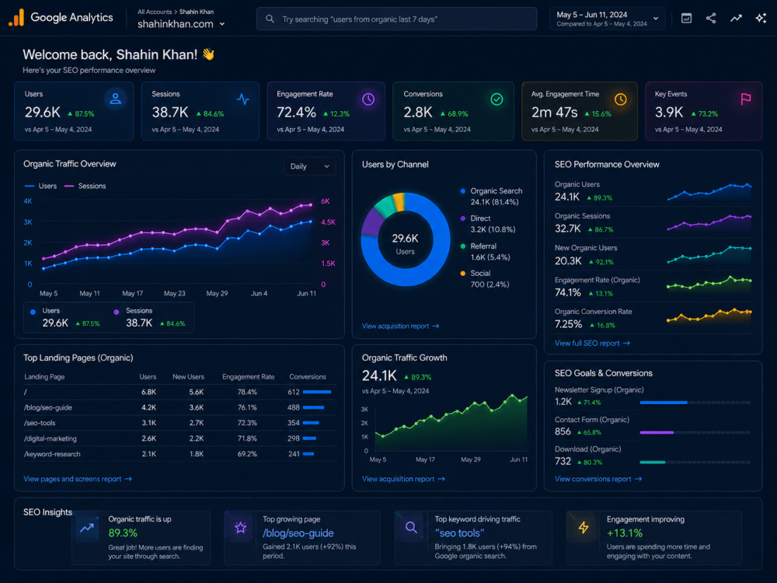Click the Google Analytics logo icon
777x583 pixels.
[16, 17]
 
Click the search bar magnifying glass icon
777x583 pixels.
[270, 19]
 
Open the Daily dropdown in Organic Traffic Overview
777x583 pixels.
[309, 166]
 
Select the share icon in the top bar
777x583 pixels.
[711, 19]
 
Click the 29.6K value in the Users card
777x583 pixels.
[43, 113]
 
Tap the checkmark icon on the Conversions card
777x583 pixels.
[497, 99]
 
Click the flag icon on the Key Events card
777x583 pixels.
[745, 99]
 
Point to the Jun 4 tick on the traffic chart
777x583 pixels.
[260, 294]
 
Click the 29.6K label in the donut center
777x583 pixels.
[406, 239]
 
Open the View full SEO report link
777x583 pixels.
[592, 343]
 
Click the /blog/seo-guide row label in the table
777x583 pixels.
[48, 407]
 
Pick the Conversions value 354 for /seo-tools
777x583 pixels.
[294, 423]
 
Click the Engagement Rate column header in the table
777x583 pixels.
[249, 377]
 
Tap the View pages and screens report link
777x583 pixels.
[77, 479]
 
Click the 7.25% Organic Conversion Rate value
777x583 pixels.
[569, 324]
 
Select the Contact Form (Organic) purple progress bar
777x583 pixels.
[657, 432]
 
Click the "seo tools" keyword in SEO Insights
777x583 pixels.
[459, 533]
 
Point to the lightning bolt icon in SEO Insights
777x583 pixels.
[584, 528]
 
